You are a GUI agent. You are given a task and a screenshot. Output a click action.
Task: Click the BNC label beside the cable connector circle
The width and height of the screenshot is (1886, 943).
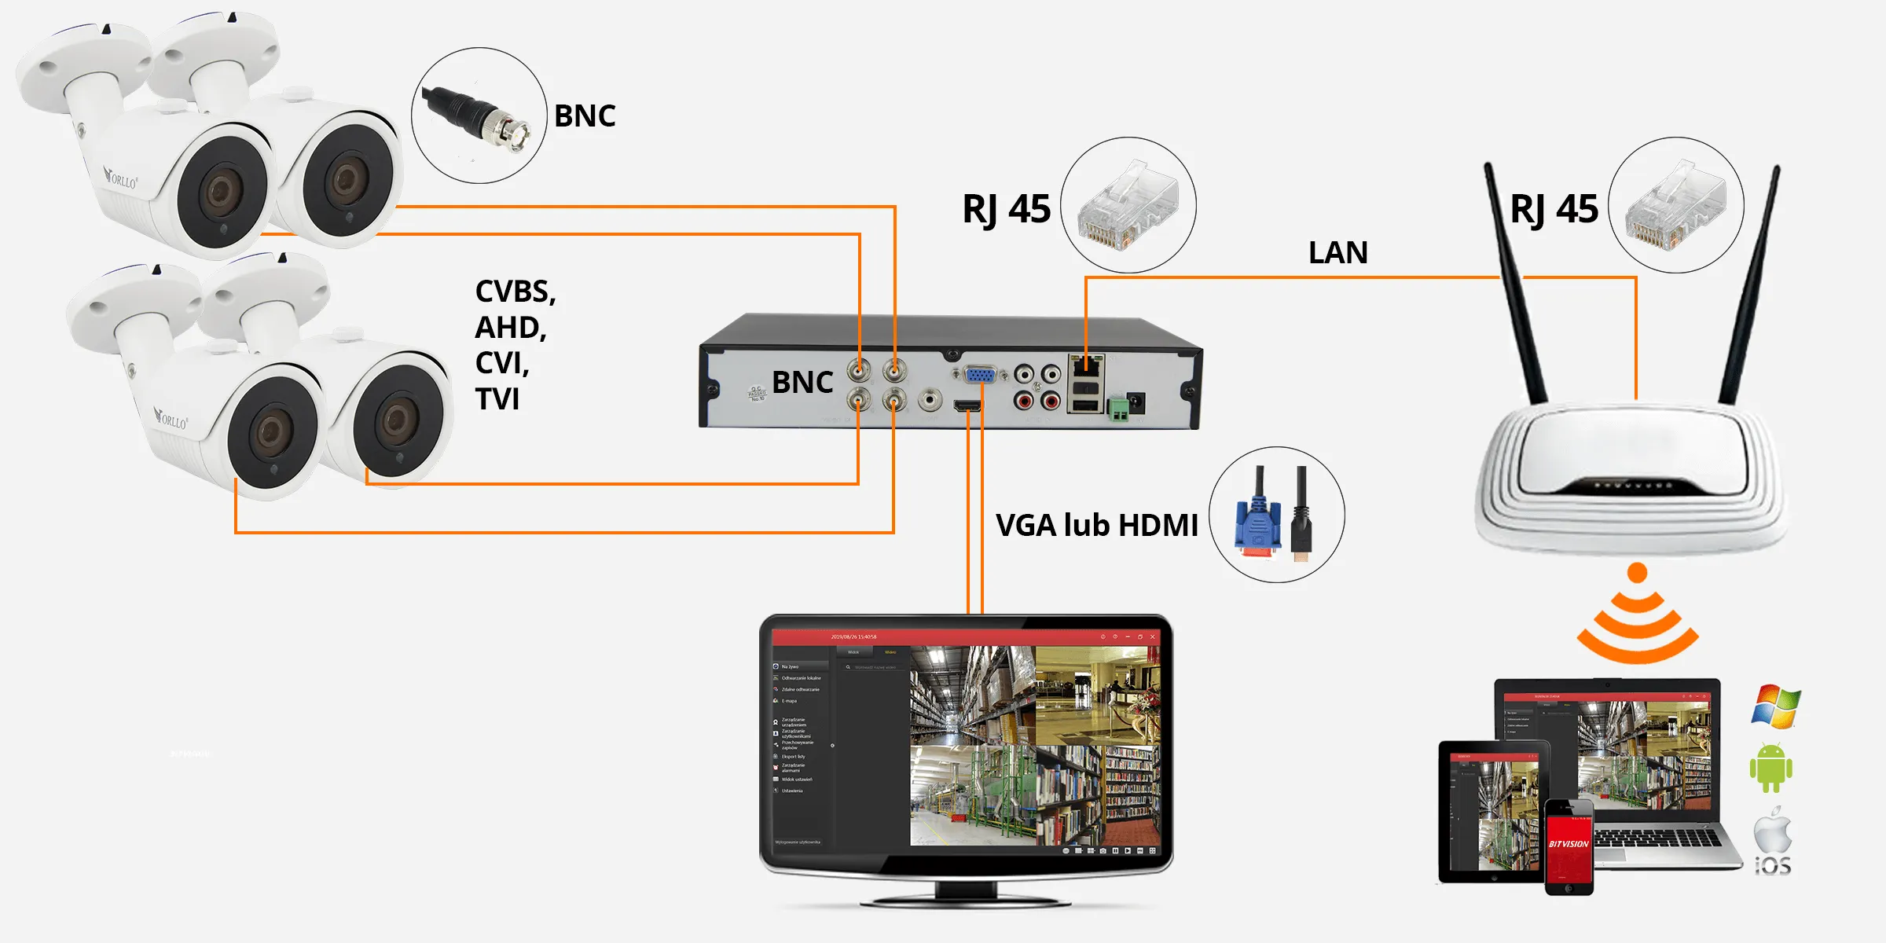click(585, 116)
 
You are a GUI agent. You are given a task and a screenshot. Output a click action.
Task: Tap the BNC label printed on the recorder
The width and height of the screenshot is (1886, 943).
click(802, 383)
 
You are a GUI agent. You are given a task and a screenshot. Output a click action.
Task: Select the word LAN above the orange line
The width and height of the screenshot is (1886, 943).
click(1337, 253)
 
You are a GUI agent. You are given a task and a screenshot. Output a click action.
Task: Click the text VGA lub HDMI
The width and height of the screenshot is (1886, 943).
click(1096, 525)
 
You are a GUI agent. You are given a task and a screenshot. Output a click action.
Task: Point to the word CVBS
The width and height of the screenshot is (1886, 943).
click(515, 292)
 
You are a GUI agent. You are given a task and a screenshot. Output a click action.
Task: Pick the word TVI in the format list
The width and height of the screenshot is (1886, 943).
click(497, 399)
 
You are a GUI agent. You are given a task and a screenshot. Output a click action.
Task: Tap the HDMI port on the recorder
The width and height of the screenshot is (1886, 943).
click(967, 405)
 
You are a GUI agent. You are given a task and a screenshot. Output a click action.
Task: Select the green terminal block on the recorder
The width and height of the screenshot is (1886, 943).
click(1117, 408)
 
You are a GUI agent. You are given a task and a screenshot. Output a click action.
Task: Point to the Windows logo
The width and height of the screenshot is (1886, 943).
click(1775, 706)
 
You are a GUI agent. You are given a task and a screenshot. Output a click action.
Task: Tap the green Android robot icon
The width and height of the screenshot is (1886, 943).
click(1770, 768)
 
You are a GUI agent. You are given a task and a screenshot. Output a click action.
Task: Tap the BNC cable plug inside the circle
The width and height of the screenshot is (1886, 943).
click(479, 118)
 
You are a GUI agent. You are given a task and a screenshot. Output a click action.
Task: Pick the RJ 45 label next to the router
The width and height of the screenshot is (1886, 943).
click(1554, 210)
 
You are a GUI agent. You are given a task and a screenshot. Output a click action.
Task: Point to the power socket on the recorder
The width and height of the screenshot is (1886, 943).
click(1136, 402)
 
